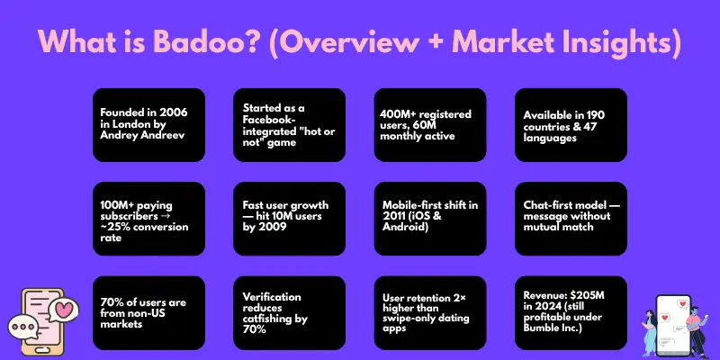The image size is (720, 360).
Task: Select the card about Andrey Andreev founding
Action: point(148,124)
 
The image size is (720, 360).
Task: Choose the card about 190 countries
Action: point(570,124)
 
